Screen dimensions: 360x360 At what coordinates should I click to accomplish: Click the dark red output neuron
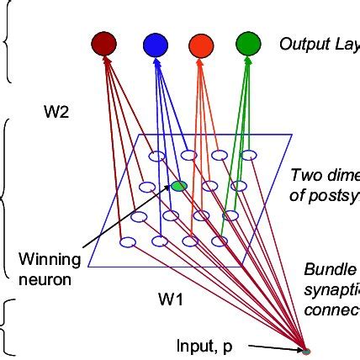click(x=103, y=43)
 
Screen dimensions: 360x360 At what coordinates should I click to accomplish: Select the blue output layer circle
click(x=156, y=43)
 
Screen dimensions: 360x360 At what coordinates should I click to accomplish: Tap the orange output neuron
click(x=202, y=43)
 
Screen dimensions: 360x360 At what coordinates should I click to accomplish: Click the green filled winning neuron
click(x=178, y=186)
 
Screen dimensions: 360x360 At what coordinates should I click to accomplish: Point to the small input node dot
click(x=306, y=350)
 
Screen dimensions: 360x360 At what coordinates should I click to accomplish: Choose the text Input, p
click(x=204, y=345)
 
